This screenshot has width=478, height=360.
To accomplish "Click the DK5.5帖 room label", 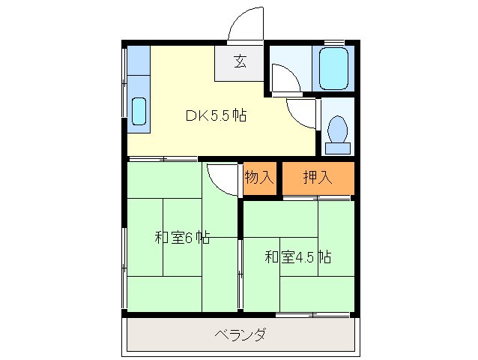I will point(216,116).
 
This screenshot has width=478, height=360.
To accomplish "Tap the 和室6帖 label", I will point(182,238).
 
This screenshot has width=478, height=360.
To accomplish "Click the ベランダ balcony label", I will point(240,334).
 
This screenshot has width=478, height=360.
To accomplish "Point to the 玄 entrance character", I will point(240,63).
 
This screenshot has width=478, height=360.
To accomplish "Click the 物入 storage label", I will point(259,178).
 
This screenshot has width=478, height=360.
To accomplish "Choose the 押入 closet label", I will point(318,178).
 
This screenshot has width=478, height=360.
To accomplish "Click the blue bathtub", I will point(333,70).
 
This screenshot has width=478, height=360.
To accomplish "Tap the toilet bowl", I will point(338,129).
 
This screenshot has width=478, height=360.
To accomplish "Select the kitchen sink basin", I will point(139,111).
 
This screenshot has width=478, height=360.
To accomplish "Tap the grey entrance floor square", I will point(240,64).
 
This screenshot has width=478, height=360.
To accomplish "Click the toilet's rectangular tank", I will point(338,148).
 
